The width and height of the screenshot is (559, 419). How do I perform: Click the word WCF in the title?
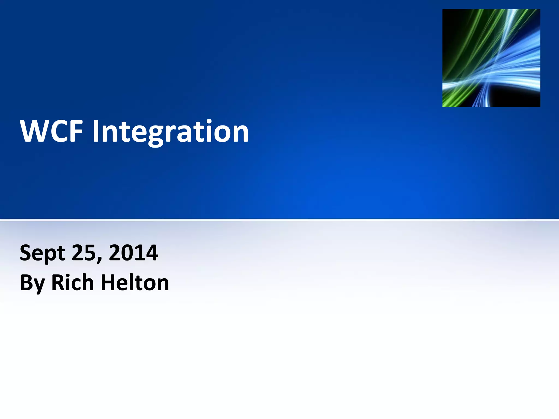(51, 131)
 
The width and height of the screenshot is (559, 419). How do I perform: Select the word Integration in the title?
(171, 132)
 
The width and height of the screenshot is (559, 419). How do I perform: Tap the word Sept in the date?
(42, 253)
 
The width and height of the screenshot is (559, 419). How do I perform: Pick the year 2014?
(133, 253)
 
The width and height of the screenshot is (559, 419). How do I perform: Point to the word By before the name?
(32, 283)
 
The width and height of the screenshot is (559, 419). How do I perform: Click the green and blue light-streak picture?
(491, 58)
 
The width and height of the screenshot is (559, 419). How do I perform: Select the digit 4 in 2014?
(151, 253)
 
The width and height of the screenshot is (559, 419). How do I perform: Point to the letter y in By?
(40, 285)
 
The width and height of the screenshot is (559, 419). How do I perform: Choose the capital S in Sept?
(26, 253)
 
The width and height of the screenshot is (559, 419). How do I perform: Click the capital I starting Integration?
(95, 131)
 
